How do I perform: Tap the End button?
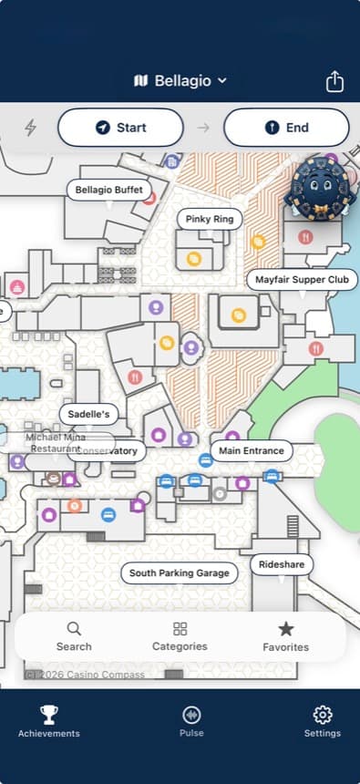286,128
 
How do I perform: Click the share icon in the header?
334,81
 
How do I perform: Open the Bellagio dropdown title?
180,81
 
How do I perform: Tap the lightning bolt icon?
30,128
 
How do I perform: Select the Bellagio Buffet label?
109,190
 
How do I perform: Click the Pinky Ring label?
210,219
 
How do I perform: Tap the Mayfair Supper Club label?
303,279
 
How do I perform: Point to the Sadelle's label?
89,414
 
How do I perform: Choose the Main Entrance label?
252,450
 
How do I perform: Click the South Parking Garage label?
180,573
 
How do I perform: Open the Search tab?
74,636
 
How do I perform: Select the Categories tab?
180,636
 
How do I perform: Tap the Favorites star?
286,636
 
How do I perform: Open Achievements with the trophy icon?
49,720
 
